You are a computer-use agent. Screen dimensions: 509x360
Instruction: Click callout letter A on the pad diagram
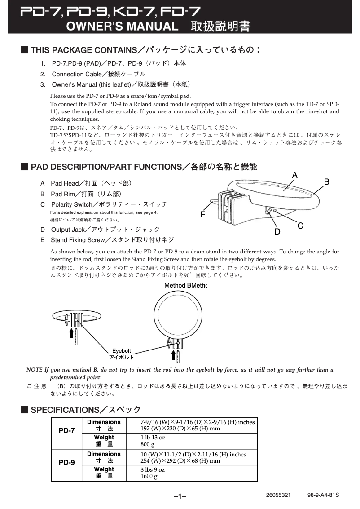click(x=295, y=175)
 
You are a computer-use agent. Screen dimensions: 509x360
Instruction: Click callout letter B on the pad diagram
click(x=327, y=181)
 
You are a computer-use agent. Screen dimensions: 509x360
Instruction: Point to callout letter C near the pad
click(x=300, y=225)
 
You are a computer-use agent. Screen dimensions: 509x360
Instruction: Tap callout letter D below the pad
click(x=277, y=232)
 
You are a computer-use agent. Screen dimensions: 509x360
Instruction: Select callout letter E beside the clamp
click(x=203, y=215)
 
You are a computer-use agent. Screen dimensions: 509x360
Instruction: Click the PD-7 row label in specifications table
click(x=67, y=430)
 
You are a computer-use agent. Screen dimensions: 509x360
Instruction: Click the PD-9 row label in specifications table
click(x=67, y=462)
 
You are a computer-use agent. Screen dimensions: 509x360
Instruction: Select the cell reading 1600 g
click(x=149, y=476)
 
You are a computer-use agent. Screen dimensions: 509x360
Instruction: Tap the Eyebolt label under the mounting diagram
click(x=121, y=351)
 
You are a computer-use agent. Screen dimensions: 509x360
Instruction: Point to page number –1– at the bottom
click(x=180, y=496)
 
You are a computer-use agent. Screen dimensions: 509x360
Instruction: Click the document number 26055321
click(x=278, y=495)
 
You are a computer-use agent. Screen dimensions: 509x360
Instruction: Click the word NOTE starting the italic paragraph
click(x=35, y=370)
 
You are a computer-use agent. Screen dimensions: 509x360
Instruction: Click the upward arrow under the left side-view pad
click(x=70, y=333)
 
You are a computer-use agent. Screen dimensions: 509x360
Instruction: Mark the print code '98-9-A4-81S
click(x=322, y=495)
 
